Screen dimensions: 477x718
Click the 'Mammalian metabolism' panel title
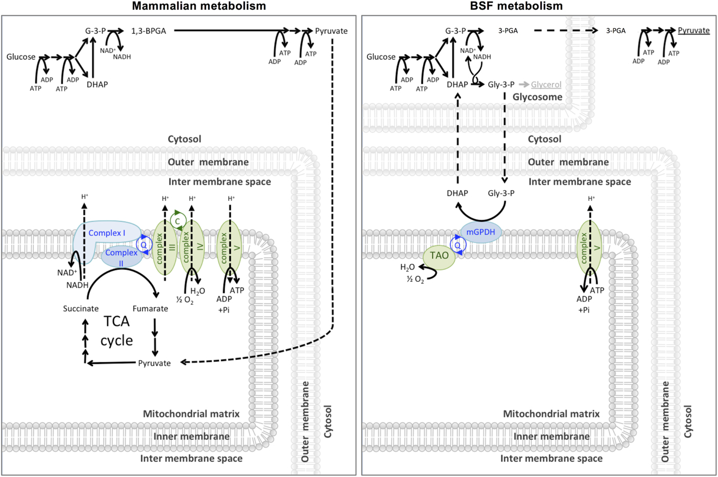tap(199, 6)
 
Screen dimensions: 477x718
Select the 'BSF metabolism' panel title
tap(516, 6)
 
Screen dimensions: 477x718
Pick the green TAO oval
tap(439, 256)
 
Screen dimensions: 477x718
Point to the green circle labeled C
tap(177, 221)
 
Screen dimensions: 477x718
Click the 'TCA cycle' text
tap(116, 331)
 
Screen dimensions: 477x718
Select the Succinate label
tap(81, 308)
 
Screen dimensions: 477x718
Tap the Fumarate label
tap(150, 308)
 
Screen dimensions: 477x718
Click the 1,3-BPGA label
tap(149, 31)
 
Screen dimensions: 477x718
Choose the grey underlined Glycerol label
tap(546, 85)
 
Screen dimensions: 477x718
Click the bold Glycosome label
tap(537, 97)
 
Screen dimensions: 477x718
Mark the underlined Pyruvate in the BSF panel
tap(693, 31)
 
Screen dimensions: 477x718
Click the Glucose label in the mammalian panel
tap(21, 57)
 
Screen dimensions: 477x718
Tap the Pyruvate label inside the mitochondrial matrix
tap(154, 363)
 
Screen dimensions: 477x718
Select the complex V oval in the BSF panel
tap(589, 249)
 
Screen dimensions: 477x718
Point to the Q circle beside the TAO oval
tap(457, 245)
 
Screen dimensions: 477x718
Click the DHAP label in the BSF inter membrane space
tap(457, 193)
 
